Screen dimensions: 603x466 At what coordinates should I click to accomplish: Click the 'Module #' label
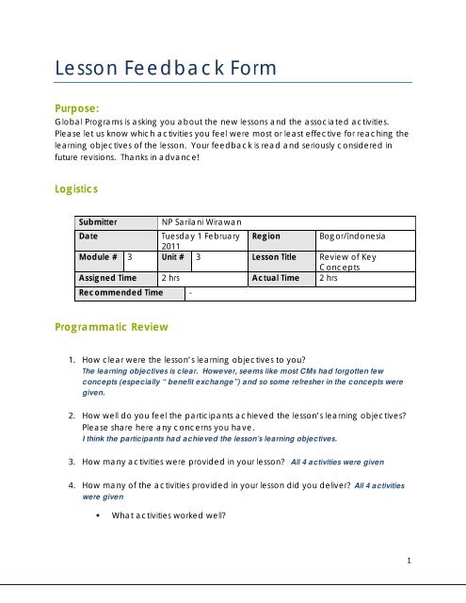[x=100, y=256]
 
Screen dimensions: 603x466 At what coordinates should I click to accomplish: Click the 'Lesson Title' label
[x=275, y=256]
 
